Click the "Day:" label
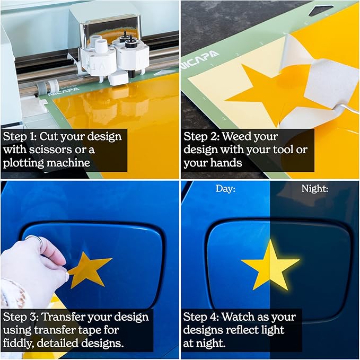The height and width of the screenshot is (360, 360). (225, 189)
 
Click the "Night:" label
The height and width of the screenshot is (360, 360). (315, 189)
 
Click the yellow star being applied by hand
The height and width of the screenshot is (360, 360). (89, 269)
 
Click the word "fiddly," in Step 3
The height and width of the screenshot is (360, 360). (18, 343)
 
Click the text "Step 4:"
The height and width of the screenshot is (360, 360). (201, 317)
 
